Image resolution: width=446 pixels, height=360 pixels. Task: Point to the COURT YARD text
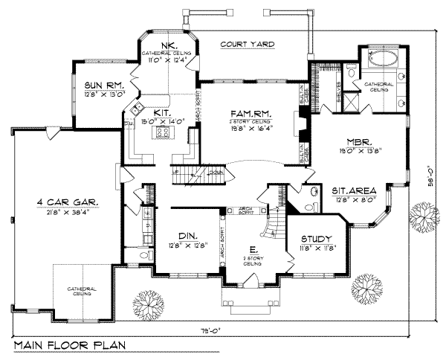248,45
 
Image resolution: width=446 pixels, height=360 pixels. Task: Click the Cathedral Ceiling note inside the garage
83,292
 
